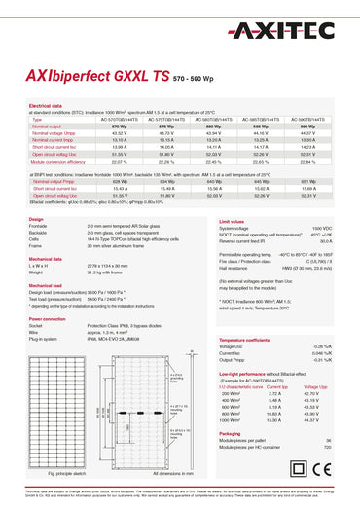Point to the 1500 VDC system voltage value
point(321,228)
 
